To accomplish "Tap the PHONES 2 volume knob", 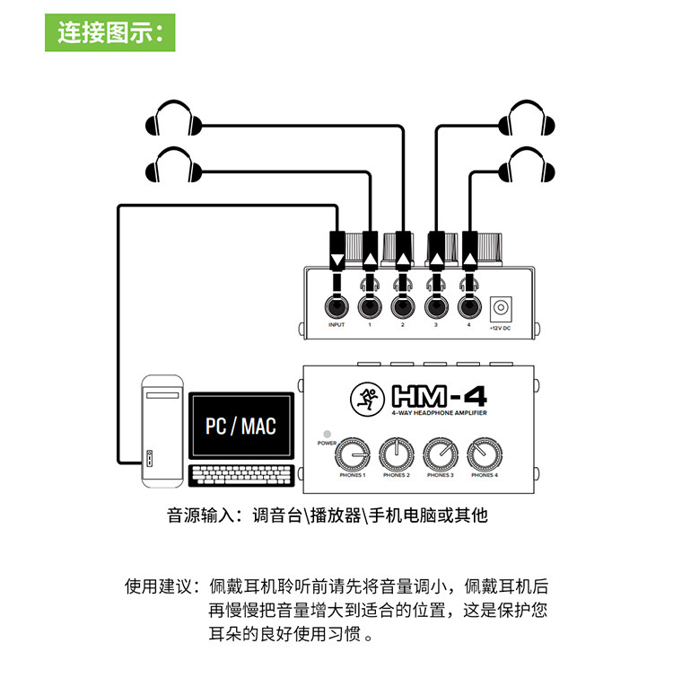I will (396, 454).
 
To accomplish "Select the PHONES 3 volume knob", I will (440, 454).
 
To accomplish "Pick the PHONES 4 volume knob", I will (484, 454).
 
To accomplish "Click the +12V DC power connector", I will (500, 309).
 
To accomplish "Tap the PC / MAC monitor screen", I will (240, 425).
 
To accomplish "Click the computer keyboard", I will (242, 473).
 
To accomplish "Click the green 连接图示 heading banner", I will (110, 32).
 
